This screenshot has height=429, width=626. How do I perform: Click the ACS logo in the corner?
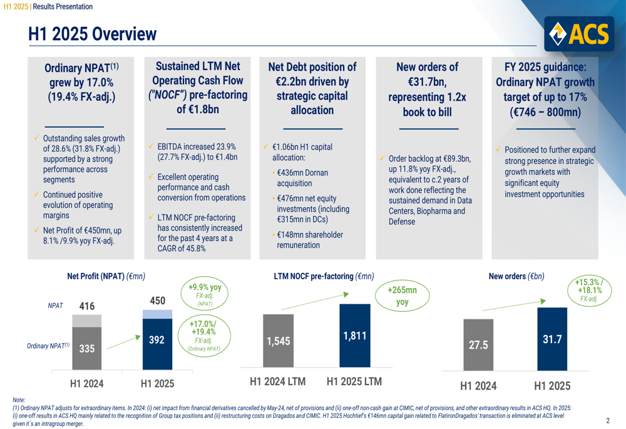click(x=579, y=34)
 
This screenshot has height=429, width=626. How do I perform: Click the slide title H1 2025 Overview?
click(x=92, y=34)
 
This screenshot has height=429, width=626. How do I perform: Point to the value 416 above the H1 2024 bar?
click(x=86, y=306)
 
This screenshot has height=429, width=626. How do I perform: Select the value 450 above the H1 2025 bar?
click(x=158, y=301)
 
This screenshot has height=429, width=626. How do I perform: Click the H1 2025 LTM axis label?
click(x=354, y=381)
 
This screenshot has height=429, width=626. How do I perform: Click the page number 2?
click(x=608, y=421)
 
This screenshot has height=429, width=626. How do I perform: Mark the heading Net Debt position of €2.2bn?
click(x=312, y=88)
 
